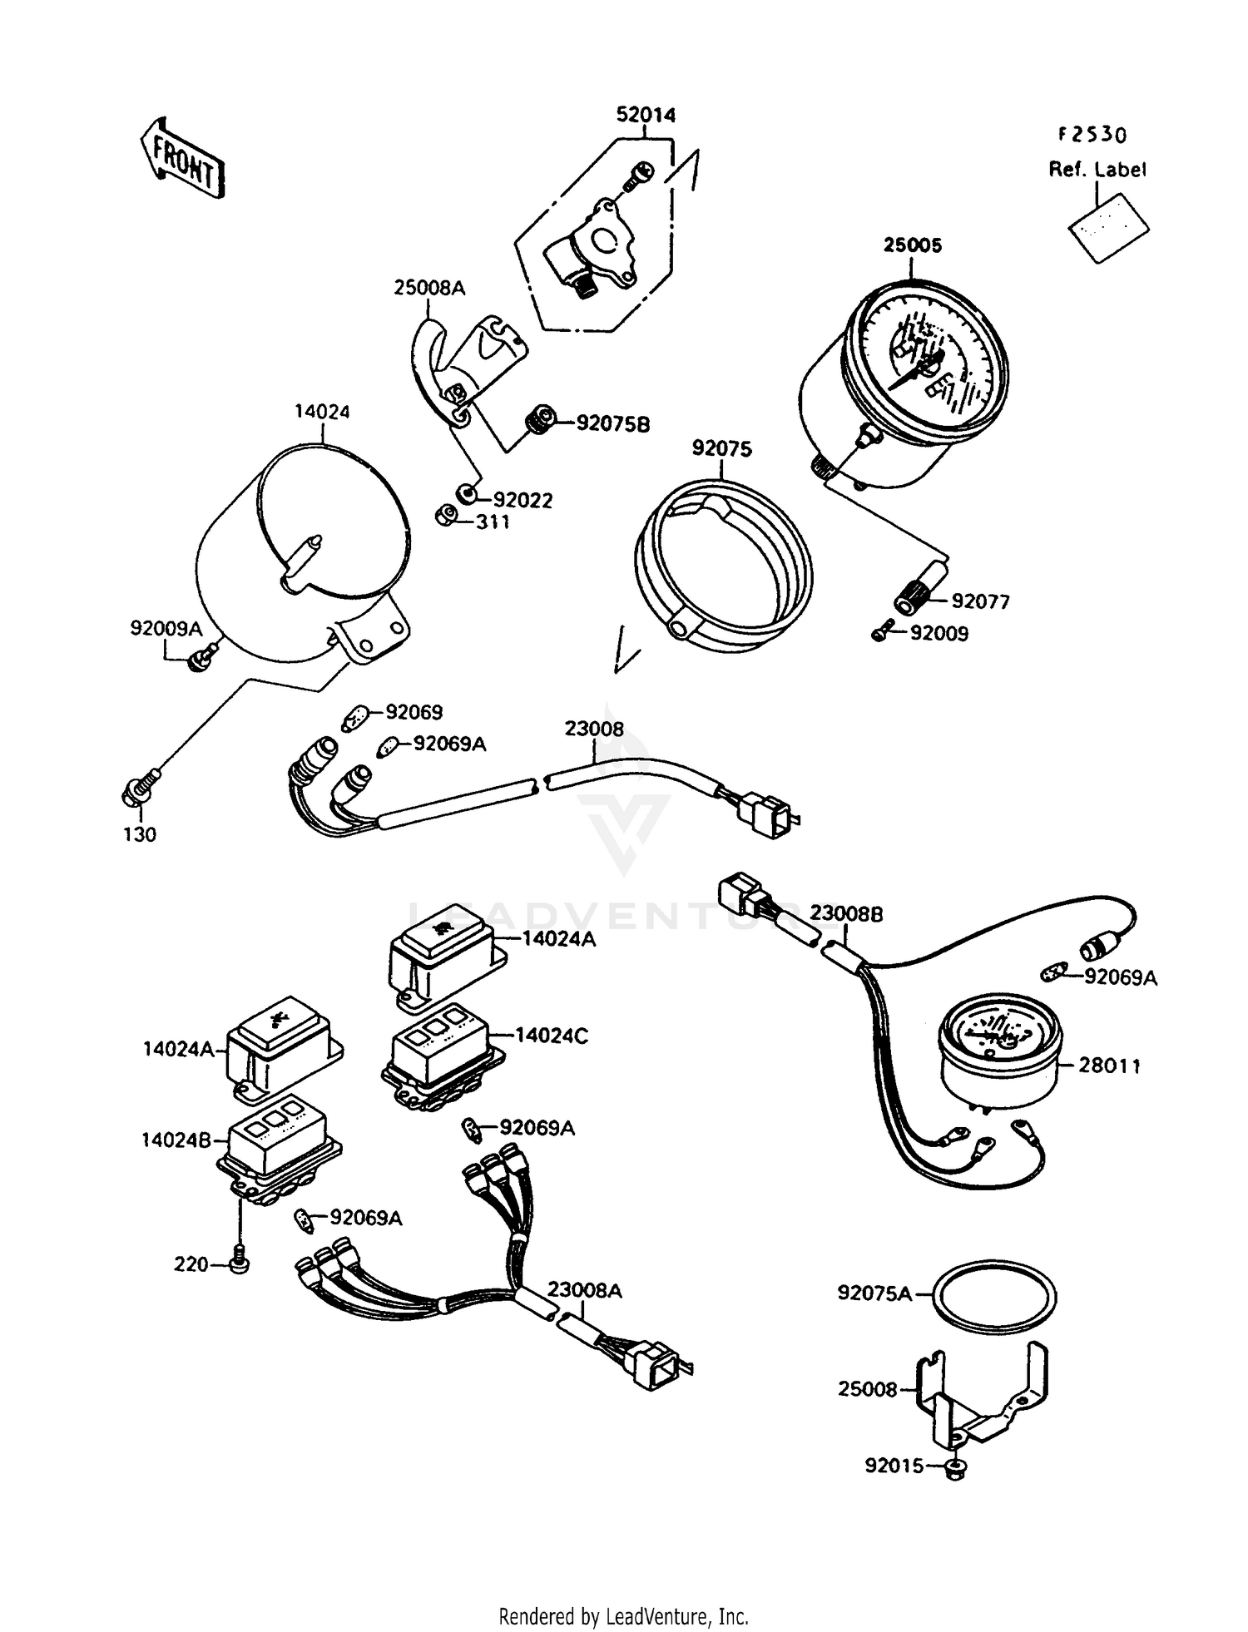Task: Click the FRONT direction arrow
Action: [181, 158]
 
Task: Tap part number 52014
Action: [646, 115]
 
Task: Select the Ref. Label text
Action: [1097, 169]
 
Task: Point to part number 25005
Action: [912, 245]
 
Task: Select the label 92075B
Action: [613, 424]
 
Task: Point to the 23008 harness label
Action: [594, 729]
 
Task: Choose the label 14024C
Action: [552, 1036]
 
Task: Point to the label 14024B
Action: [177, 1140]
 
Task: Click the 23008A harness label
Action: [585, 1290]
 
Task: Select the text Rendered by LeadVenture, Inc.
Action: [624, 1616]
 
